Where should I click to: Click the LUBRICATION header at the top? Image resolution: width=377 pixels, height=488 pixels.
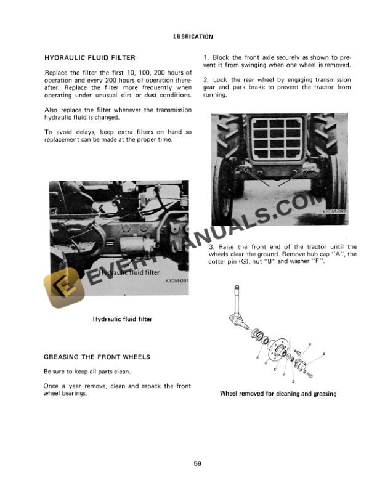pos(188,36)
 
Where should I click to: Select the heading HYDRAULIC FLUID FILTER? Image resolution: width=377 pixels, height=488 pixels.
pos(90,58)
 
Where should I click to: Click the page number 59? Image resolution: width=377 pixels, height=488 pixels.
pos(188,463)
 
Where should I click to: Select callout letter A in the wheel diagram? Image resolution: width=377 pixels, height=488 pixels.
pos(324,354)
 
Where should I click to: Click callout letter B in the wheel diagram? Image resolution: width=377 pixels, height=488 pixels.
pos(293,381)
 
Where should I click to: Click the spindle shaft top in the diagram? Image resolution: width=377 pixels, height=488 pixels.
pos(236,290)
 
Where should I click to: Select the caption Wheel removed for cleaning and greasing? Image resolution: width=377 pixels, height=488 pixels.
pos(278,394)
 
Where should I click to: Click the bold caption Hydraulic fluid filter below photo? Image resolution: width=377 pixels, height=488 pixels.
pos(122,319)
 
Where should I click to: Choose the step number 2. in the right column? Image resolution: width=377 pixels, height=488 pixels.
pos(206,80)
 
